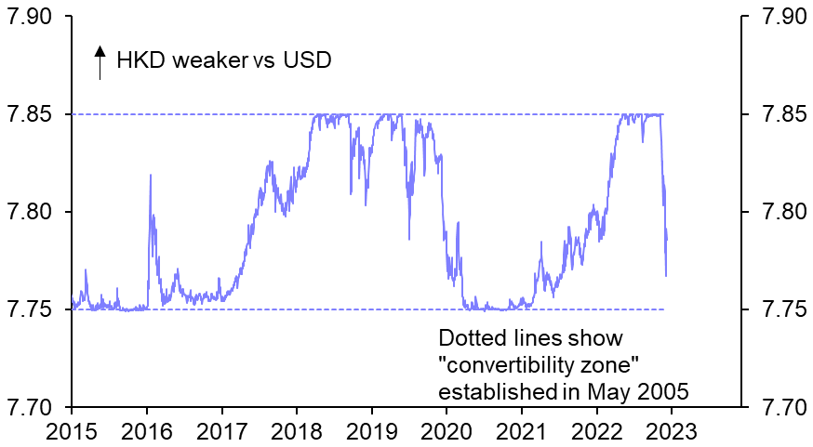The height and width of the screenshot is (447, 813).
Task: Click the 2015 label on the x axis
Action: pyautogui.click(x=71, y=430)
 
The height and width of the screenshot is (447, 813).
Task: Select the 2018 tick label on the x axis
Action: pyautogui.click(x=296, y=430)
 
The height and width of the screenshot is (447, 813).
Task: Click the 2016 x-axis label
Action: pyautogui.click(x=146, y=430)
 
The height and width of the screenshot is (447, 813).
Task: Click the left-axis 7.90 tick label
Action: pyautogui.click(x=32, y=18)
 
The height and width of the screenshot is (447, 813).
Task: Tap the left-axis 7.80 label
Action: pyautogui.click(x=32, y=213)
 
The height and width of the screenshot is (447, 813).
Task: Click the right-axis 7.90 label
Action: pyautogui.click(x=780, y=18)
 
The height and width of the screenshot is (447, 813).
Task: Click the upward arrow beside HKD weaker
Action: pyautogui.click(x=100, y=63)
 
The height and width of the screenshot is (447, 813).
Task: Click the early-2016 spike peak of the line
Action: pyautogui.click(x=150, y=175)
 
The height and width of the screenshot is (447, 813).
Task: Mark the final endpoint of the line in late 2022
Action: pyautogui.click(x=666, y=275)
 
